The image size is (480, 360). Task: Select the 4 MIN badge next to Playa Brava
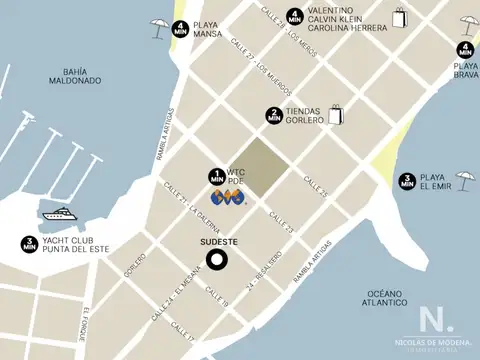click(x=465, y=49)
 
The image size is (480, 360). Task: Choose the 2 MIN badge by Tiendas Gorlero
click(x=273, y=115)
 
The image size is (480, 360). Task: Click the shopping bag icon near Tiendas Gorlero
click(x=334, y=113)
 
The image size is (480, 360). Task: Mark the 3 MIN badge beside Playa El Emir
click(x=407, y=181)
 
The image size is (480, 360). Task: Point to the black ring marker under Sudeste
click(x=216, y=260)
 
